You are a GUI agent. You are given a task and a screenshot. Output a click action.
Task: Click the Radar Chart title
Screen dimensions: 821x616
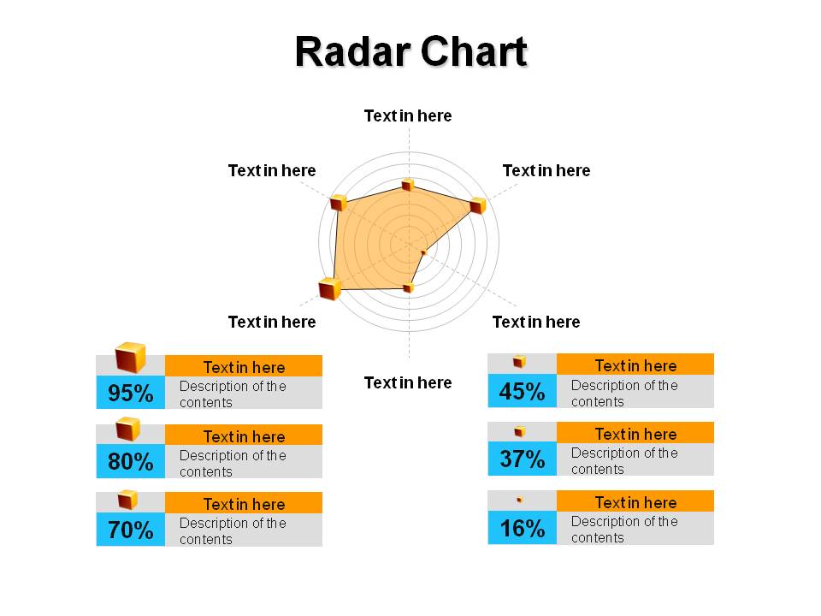tap(411, 51)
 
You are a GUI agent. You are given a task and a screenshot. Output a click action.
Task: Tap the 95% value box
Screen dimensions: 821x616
tap(130, 393)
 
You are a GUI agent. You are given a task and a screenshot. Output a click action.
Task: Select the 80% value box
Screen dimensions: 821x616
tap(130, 461)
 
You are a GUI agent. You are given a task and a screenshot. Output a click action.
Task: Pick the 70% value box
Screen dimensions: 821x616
tap(130, 529)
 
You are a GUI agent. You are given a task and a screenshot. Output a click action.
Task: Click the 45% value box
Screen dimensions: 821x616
tap(522, 391)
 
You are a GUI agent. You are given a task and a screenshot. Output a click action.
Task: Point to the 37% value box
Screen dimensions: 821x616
tap(522, 459)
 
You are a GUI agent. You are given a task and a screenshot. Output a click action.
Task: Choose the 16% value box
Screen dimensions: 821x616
tap(522, 528)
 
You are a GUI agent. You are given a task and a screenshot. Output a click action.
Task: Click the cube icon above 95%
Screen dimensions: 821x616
tap(130, 358)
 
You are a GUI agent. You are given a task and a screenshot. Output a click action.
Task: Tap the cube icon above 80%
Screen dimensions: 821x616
tap(128, 429)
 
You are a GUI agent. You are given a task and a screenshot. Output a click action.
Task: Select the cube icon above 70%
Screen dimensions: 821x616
tap(127, 500)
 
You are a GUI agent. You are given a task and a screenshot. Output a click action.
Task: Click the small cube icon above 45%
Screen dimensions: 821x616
tap(519, 361)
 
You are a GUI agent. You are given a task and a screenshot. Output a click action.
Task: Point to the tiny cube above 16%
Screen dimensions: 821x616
tap(519, 500)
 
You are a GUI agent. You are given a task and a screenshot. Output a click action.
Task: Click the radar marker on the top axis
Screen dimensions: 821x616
tap(407, 185)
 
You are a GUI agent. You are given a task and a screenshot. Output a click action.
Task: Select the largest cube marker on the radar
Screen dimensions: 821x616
tap(330, 288)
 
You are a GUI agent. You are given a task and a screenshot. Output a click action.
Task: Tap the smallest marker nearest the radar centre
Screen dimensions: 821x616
tap(424, 253)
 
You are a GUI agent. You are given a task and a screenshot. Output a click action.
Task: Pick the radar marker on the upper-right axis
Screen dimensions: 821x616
tap(477, 205)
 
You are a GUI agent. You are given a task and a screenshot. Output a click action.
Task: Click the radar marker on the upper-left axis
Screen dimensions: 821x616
tap(339, 202)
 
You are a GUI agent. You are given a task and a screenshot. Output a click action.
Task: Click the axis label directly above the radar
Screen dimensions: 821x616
tap(408, 115)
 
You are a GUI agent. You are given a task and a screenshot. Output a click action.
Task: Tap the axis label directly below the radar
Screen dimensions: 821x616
tap(408, 383)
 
